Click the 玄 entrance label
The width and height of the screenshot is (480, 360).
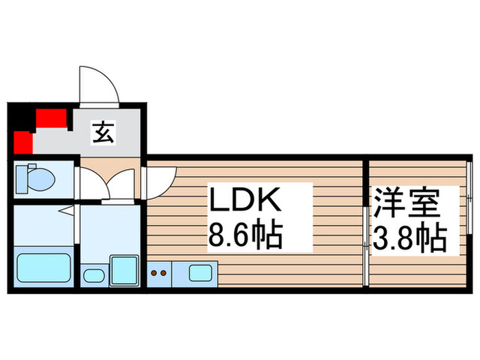tap(104, 132)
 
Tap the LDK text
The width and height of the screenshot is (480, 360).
tap(245, 202)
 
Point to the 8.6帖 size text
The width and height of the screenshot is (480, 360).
tap(245, 237)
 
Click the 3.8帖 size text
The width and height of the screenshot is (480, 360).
tap(409, 238)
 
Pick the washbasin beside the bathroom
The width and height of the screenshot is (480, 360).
tap(93, 277)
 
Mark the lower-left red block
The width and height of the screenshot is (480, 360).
tap(23, 143)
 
